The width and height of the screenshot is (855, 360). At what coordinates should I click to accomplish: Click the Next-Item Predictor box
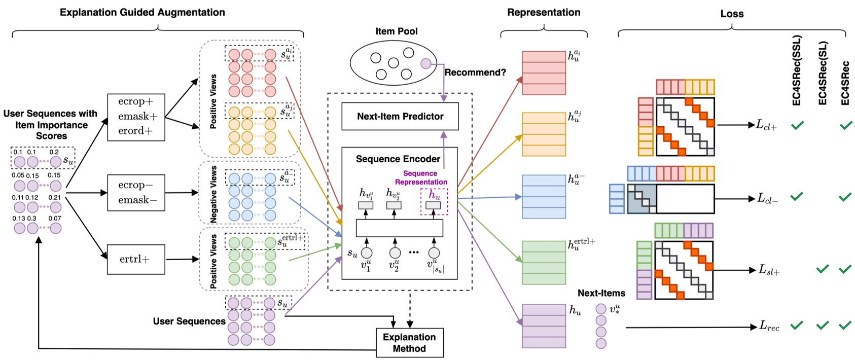[x=400, y=117]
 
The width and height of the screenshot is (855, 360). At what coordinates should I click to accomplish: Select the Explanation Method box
[x=409, y=343]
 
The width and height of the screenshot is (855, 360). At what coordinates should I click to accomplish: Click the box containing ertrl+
[x=135, y=259]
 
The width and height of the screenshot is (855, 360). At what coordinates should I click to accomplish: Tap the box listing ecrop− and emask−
[x=135, y=193]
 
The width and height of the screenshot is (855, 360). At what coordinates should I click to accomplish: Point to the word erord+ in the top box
[x=135, y=131]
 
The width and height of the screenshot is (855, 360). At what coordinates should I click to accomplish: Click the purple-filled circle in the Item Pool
[x=426, y=63]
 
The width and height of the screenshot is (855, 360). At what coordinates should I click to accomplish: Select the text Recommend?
[x=475, y=73]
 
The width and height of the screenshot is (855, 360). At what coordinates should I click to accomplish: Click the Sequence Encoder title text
[x=398, y=159]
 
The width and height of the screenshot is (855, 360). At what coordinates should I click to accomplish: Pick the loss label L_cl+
[x=766, y=125]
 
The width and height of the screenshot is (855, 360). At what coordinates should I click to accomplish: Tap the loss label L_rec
[x=769, y=327]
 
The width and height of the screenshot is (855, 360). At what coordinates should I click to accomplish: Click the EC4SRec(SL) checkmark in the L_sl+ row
[x=822, y=269]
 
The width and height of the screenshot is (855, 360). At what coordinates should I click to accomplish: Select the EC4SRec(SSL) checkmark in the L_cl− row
[x=797, y=196]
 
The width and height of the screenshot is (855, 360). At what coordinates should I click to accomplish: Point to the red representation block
[x=544, y=73]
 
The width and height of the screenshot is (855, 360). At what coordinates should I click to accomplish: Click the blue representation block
[x=544, y=196]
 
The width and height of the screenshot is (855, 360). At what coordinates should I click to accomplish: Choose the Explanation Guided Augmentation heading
[x=142, y=13]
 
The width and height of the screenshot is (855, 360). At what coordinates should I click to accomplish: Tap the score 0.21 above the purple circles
[x=54, y=198]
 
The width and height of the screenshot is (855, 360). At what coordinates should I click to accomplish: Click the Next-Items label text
[x=601, y=293]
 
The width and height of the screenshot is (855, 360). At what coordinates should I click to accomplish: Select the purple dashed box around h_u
[x=434, y=201]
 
